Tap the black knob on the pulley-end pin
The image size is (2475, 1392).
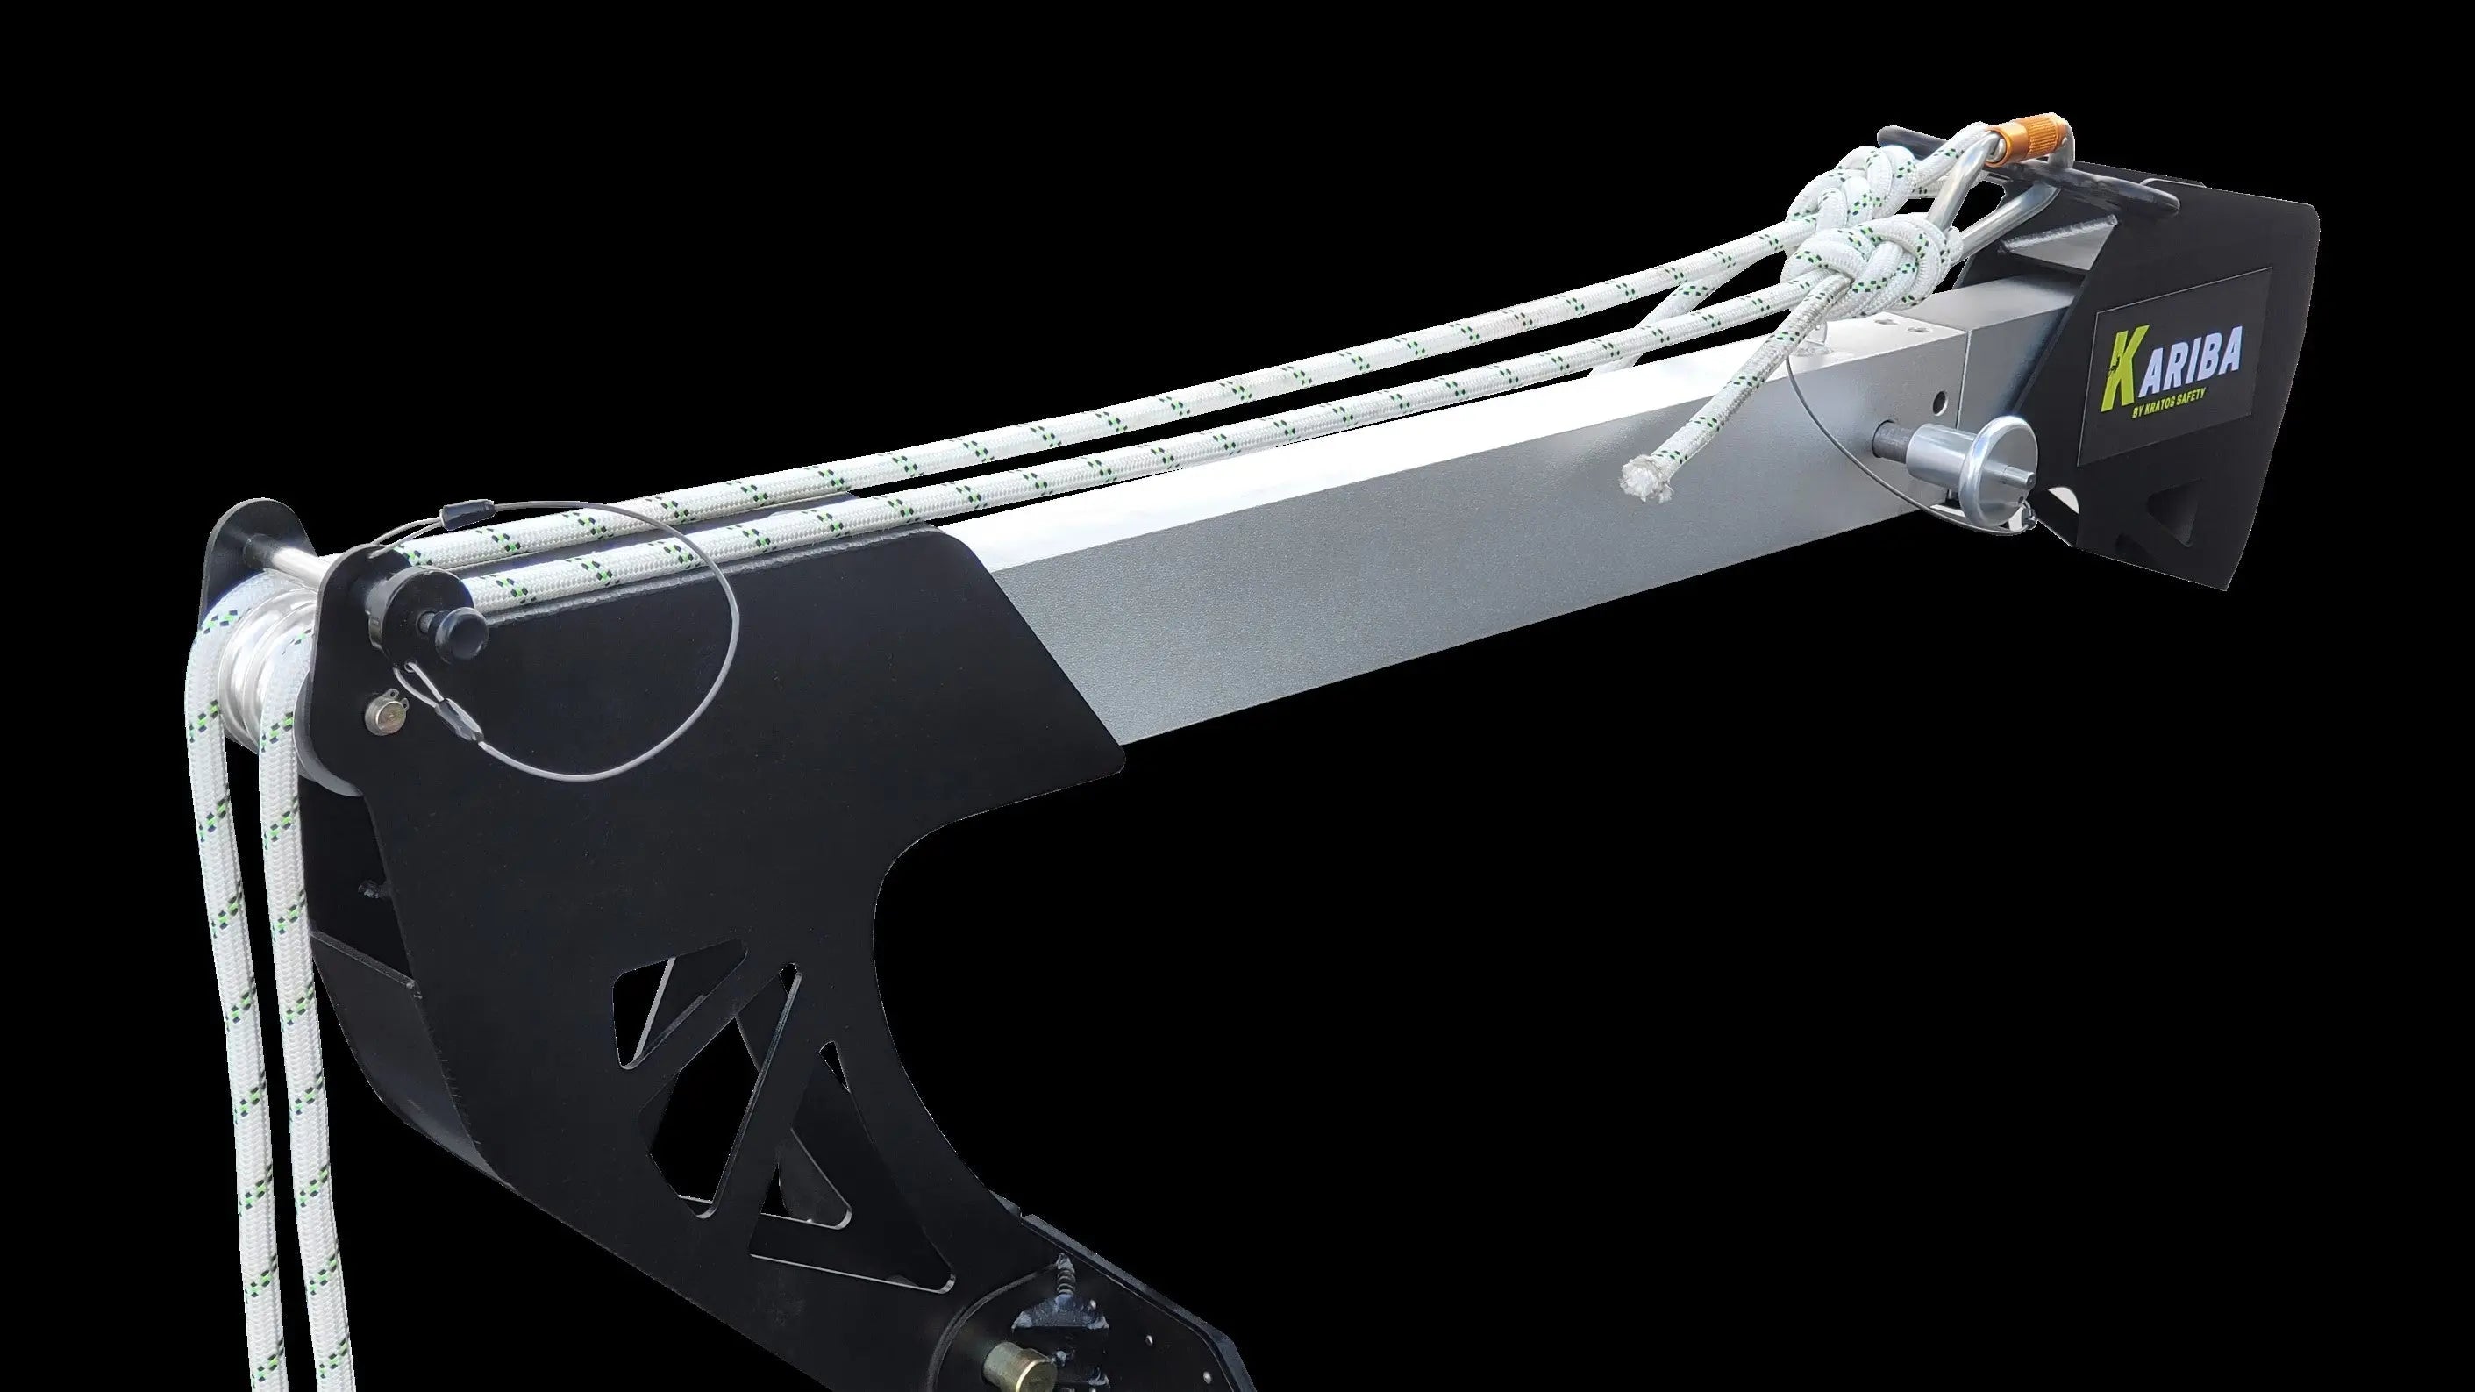point(465,628)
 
